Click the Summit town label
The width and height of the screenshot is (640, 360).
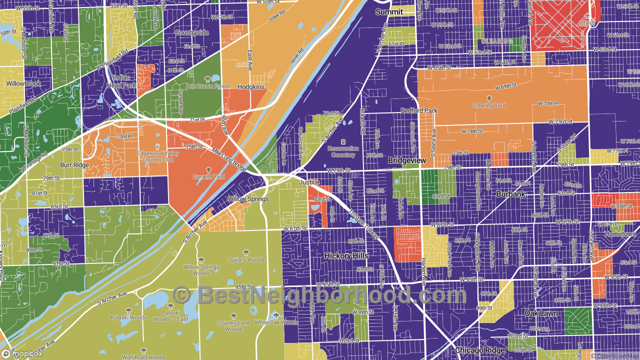coord(389,11)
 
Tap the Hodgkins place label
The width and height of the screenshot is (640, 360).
coord(251,86)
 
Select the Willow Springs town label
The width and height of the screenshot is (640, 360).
coord(248,199)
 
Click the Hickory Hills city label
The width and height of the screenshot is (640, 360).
coord(346,255)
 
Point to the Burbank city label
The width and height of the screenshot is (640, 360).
coord(511,193)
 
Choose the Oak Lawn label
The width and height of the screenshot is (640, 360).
coord(541,313)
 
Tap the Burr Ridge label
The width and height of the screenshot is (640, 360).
coord(74,165)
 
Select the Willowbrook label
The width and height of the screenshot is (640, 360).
coord(23,83)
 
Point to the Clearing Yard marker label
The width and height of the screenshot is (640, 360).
coord(489,105)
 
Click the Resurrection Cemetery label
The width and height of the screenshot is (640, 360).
coord(343,151)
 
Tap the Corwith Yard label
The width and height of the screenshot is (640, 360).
coord(208,177)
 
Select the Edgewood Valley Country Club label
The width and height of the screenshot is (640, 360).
coord(158,156)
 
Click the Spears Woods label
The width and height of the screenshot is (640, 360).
coord(246,259)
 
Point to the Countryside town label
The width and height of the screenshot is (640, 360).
coord(191,32)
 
